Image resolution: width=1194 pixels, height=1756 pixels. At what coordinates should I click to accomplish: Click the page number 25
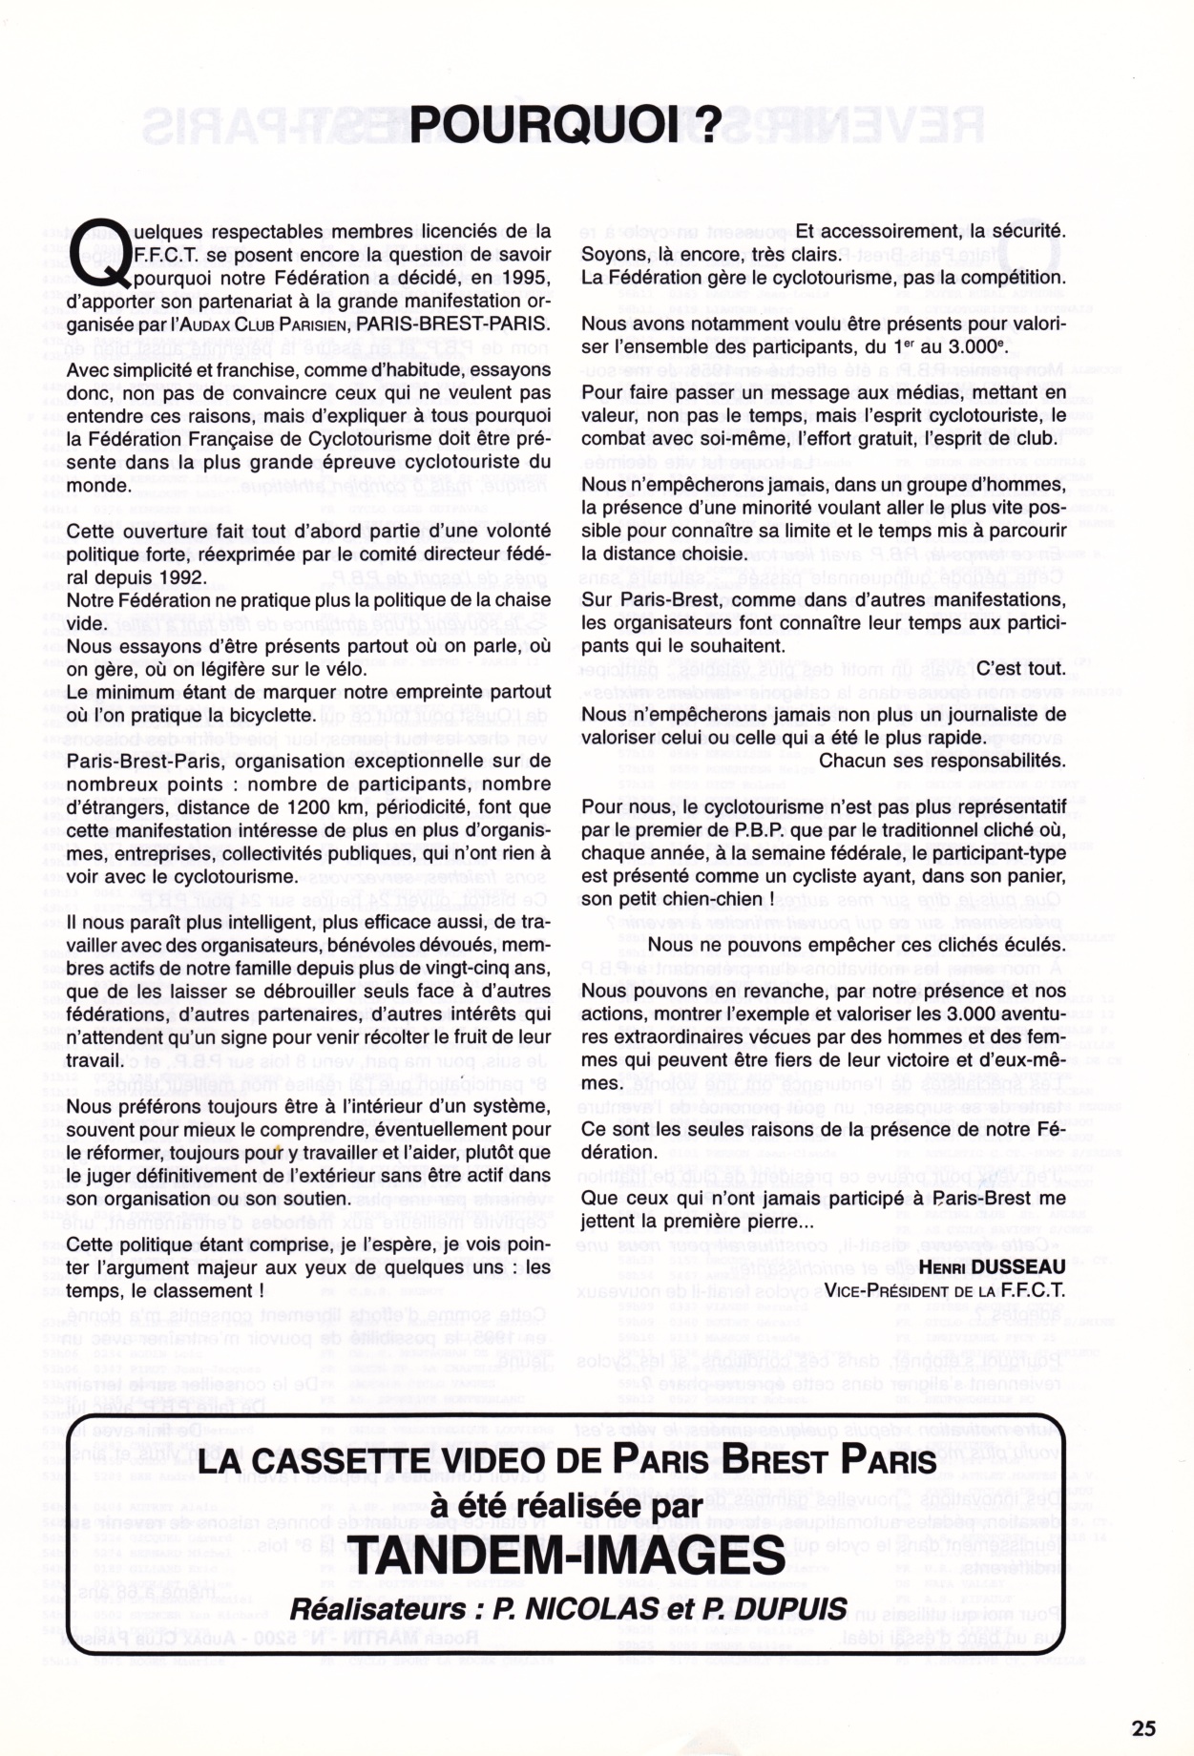pos(1142,1727)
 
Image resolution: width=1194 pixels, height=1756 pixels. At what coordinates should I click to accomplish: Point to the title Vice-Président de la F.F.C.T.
pos(944,1290)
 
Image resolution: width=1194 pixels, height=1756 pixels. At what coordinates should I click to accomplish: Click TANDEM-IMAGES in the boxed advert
pos(568,1556)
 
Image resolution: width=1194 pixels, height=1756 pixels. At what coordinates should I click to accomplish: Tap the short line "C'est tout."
pos(1020,668)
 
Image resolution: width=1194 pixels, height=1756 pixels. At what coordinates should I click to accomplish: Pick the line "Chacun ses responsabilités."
pos(942,761)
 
